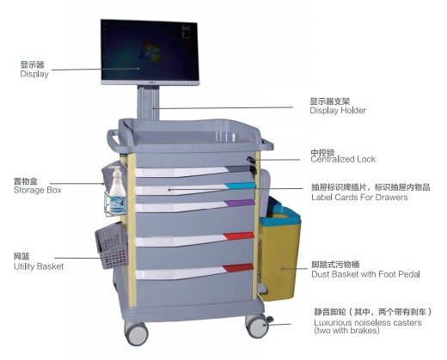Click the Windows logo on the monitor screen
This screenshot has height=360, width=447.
point(151,52)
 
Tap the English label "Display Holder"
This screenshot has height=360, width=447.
point(338,111)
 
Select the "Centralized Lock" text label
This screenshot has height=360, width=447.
point(343,160)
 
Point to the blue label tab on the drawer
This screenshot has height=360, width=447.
point(240,186)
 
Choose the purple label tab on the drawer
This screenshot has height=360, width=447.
point(240,203)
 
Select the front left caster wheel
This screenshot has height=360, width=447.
point(136,333)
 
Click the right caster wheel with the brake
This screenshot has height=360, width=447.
point(257,326)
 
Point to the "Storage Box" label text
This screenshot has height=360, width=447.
point(38,191)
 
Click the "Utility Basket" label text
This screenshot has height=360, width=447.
point(39,266)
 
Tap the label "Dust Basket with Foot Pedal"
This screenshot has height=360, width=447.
point(365,274)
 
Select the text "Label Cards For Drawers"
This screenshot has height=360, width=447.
point(359,198)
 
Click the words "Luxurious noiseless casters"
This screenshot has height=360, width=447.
point(368,322)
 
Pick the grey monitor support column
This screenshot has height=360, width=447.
point(148,102)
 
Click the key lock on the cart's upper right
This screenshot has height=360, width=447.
point(251,165)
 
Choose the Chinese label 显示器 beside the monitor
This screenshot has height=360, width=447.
point(32,64)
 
